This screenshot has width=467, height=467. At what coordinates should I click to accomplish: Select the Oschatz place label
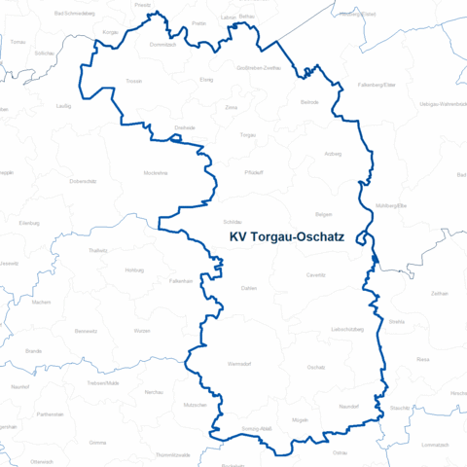(316, 367)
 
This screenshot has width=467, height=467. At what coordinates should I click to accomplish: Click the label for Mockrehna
(156, 171)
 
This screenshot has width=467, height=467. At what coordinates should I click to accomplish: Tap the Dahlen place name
(248, 288)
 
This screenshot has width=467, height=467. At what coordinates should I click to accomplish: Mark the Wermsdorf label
(239, 364)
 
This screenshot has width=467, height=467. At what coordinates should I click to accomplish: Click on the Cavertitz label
(316, 275)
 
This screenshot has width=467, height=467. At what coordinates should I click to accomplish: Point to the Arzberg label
(333, 154)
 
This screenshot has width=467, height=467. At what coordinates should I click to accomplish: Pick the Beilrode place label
(310, 101)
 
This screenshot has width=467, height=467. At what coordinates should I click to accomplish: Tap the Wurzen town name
(143, 332)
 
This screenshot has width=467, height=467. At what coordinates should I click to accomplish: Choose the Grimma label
(97, 443)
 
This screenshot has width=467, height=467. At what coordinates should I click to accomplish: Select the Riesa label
(423, 359)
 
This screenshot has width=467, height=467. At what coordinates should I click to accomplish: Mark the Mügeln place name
(301, 419)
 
